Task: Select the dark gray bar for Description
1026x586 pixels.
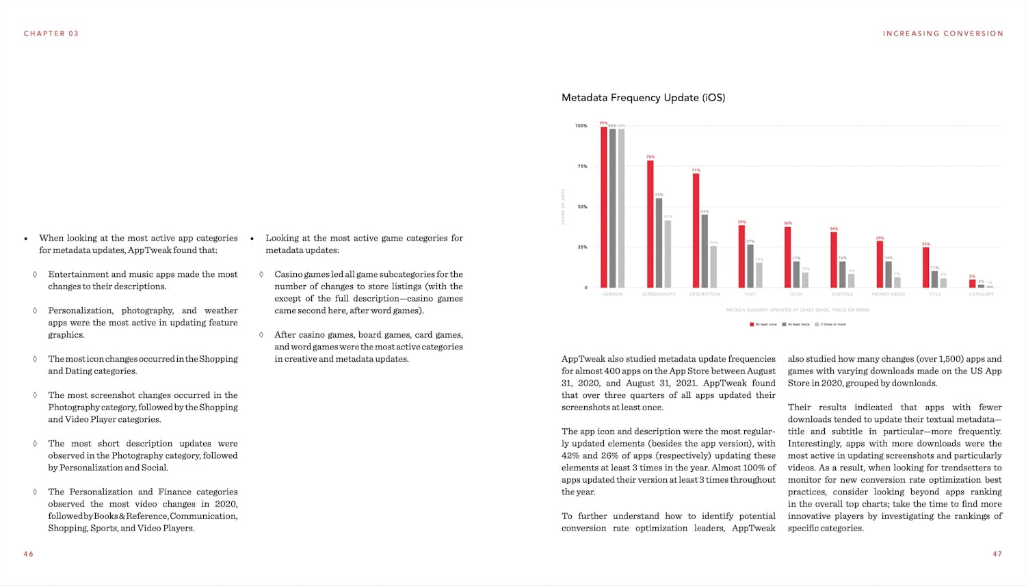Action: tap(705, 251)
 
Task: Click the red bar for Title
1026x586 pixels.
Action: tap(925, 267)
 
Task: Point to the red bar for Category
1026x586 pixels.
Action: tap(972, 284)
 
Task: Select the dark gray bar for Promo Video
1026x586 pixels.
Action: tap(889, 274)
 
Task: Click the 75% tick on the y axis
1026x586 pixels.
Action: tap(582, 166)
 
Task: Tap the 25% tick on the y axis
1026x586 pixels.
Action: tap(582, 247)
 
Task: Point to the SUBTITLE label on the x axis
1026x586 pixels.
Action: tap(842, 294)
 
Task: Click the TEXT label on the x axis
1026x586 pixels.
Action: tap(750, 294)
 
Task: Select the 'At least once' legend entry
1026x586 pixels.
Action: tap(763, 324)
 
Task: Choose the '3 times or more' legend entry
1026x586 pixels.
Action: tap(830, 324)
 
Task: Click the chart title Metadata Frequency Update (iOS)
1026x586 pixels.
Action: tap(643, 98)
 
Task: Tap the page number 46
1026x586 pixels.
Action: tap(28, 554)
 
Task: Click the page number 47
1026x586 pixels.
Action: tap(997, 554)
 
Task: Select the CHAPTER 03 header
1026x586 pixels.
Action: tap(51, 34)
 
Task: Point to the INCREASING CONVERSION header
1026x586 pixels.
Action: tap(943, 34)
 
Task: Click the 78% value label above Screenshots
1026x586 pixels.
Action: tap(650, 157)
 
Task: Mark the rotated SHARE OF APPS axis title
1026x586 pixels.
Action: tap(563, 207)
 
